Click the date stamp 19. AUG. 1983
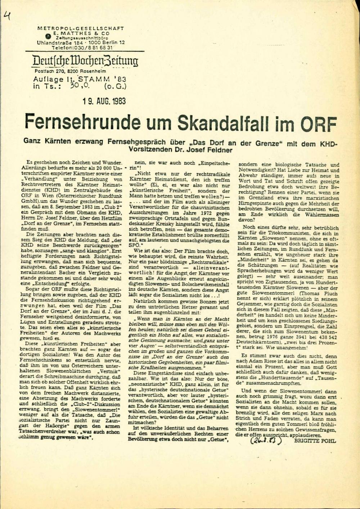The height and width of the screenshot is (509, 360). [103, 101]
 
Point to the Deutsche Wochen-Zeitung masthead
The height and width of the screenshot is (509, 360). [85, 61]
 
